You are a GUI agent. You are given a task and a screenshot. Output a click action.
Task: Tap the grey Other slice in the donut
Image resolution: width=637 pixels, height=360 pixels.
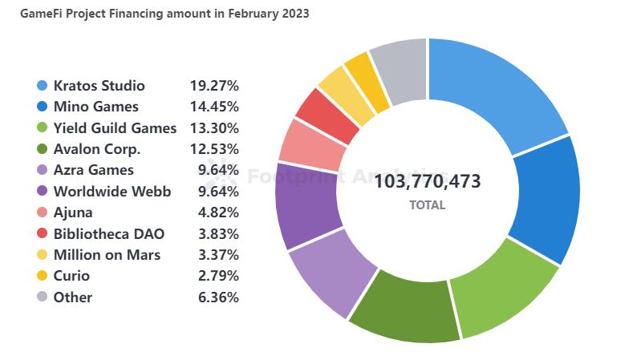(399, 70)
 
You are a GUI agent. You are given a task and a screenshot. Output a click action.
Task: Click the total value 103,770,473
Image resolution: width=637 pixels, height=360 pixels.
(428, 181)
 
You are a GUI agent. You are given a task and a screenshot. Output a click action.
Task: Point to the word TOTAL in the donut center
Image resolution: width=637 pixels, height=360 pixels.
(427, 205)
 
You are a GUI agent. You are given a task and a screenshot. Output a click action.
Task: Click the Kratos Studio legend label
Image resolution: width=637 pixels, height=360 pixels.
(99, 85)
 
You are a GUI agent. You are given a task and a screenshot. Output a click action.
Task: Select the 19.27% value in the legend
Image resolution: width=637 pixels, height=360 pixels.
(214, 85)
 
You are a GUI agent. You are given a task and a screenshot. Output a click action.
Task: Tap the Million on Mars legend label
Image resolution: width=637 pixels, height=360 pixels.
(107, 255)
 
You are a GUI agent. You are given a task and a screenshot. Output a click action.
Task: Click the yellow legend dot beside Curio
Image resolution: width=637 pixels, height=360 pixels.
(42, 276)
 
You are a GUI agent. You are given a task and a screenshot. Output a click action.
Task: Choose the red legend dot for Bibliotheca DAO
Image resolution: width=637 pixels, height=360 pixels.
(42, 233)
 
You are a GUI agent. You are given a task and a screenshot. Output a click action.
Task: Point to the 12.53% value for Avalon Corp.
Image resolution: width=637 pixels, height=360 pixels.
(214, 148)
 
